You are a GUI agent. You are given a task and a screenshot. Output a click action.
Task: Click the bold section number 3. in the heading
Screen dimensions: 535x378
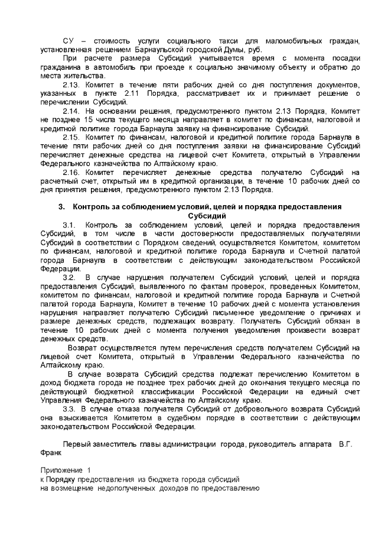61,206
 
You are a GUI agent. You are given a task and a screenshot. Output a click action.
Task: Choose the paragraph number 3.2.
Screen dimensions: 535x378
69,277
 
